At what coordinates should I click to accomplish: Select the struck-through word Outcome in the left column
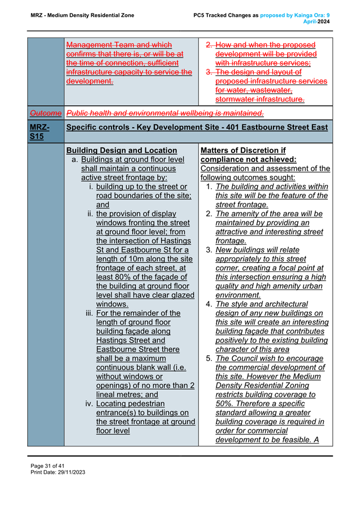click(45, 112)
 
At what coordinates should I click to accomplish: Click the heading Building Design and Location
click(122, 150)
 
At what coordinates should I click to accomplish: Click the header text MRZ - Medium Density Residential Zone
click(82, 15)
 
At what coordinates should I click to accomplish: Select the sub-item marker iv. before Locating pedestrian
click(89, 403)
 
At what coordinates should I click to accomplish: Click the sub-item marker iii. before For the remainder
click(89, 313)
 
